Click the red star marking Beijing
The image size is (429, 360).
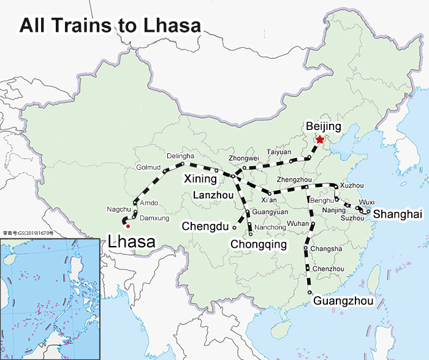319,139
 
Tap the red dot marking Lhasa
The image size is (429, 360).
127,226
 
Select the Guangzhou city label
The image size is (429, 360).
343,301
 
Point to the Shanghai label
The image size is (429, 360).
398,214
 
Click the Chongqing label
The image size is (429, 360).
259,245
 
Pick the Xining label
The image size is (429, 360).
200,180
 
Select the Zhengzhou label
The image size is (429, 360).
295,179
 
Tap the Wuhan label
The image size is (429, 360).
298,223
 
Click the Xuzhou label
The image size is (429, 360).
352,185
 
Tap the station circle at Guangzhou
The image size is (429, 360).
310,293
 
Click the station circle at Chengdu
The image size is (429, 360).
234,227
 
